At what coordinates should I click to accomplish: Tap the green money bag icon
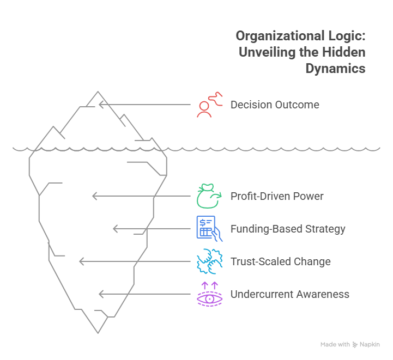(x=209, y=197)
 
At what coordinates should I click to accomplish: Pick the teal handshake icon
(x=209, y=261)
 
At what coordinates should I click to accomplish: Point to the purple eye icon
(x=209, y=295)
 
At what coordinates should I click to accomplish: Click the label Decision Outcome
(x=275, y=105)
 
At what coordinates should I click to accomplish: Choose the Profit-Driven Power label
(x=277, y=197)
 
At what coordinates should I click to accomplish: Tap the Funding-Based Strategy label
(x=288, y=229)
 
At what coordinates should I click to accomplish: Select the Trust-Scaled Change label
(x=280, y=262)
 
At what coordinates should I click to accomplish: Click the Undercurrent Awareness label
(x=289, y=295)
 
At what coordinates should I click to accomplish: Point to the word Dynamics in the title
(x=335, y=69)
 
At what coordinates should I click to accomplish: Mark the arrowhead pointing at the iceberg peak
(x=101, y=103)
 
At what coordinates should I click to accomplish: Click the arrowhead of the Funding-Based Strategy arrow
(x=115, y=229)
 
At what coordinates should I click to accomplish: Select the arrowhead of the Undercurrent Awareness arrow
(x=101, y=294)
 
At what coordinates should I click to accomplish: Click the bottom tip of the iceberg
(x=98, y=331)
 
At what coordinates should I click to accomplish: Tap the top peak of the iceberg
(x=99, y=93)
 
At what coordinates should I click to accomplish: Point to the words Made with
(x=335, y=345)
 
